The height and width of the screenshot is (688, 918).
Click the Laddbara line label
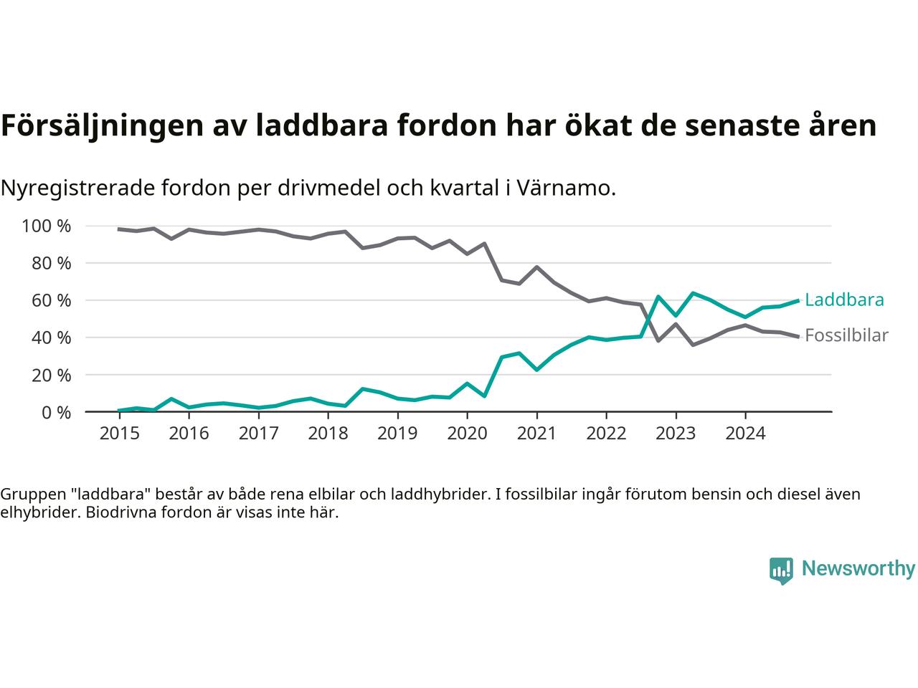pos(844,300)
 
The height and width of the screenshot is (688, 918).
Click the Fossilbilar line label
pos(846,335)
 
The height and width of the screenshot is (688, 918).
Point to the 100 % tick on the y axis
pos(47,226)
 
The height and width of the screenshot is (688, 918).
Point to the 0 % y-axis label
pos(55,412)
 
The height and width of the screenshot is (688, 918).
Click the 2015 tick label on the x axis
pos(119,434)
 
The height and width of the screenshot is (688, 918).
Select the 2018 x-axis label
pos(328,434)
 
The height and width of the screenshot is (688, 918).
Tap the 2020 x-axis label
pos(467,434)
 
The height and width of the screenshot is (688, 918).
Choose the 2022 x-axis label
pos(606,434)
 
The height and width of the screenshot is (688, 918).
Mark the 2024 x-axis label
pos(745,434)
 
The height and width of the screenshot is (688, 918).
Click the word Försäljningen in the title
pos(100,126)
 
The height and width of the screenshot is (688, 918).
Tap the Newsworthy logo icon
pos(781,570)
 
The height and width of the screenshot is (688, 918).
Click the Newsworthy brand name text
pos(858,569)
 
